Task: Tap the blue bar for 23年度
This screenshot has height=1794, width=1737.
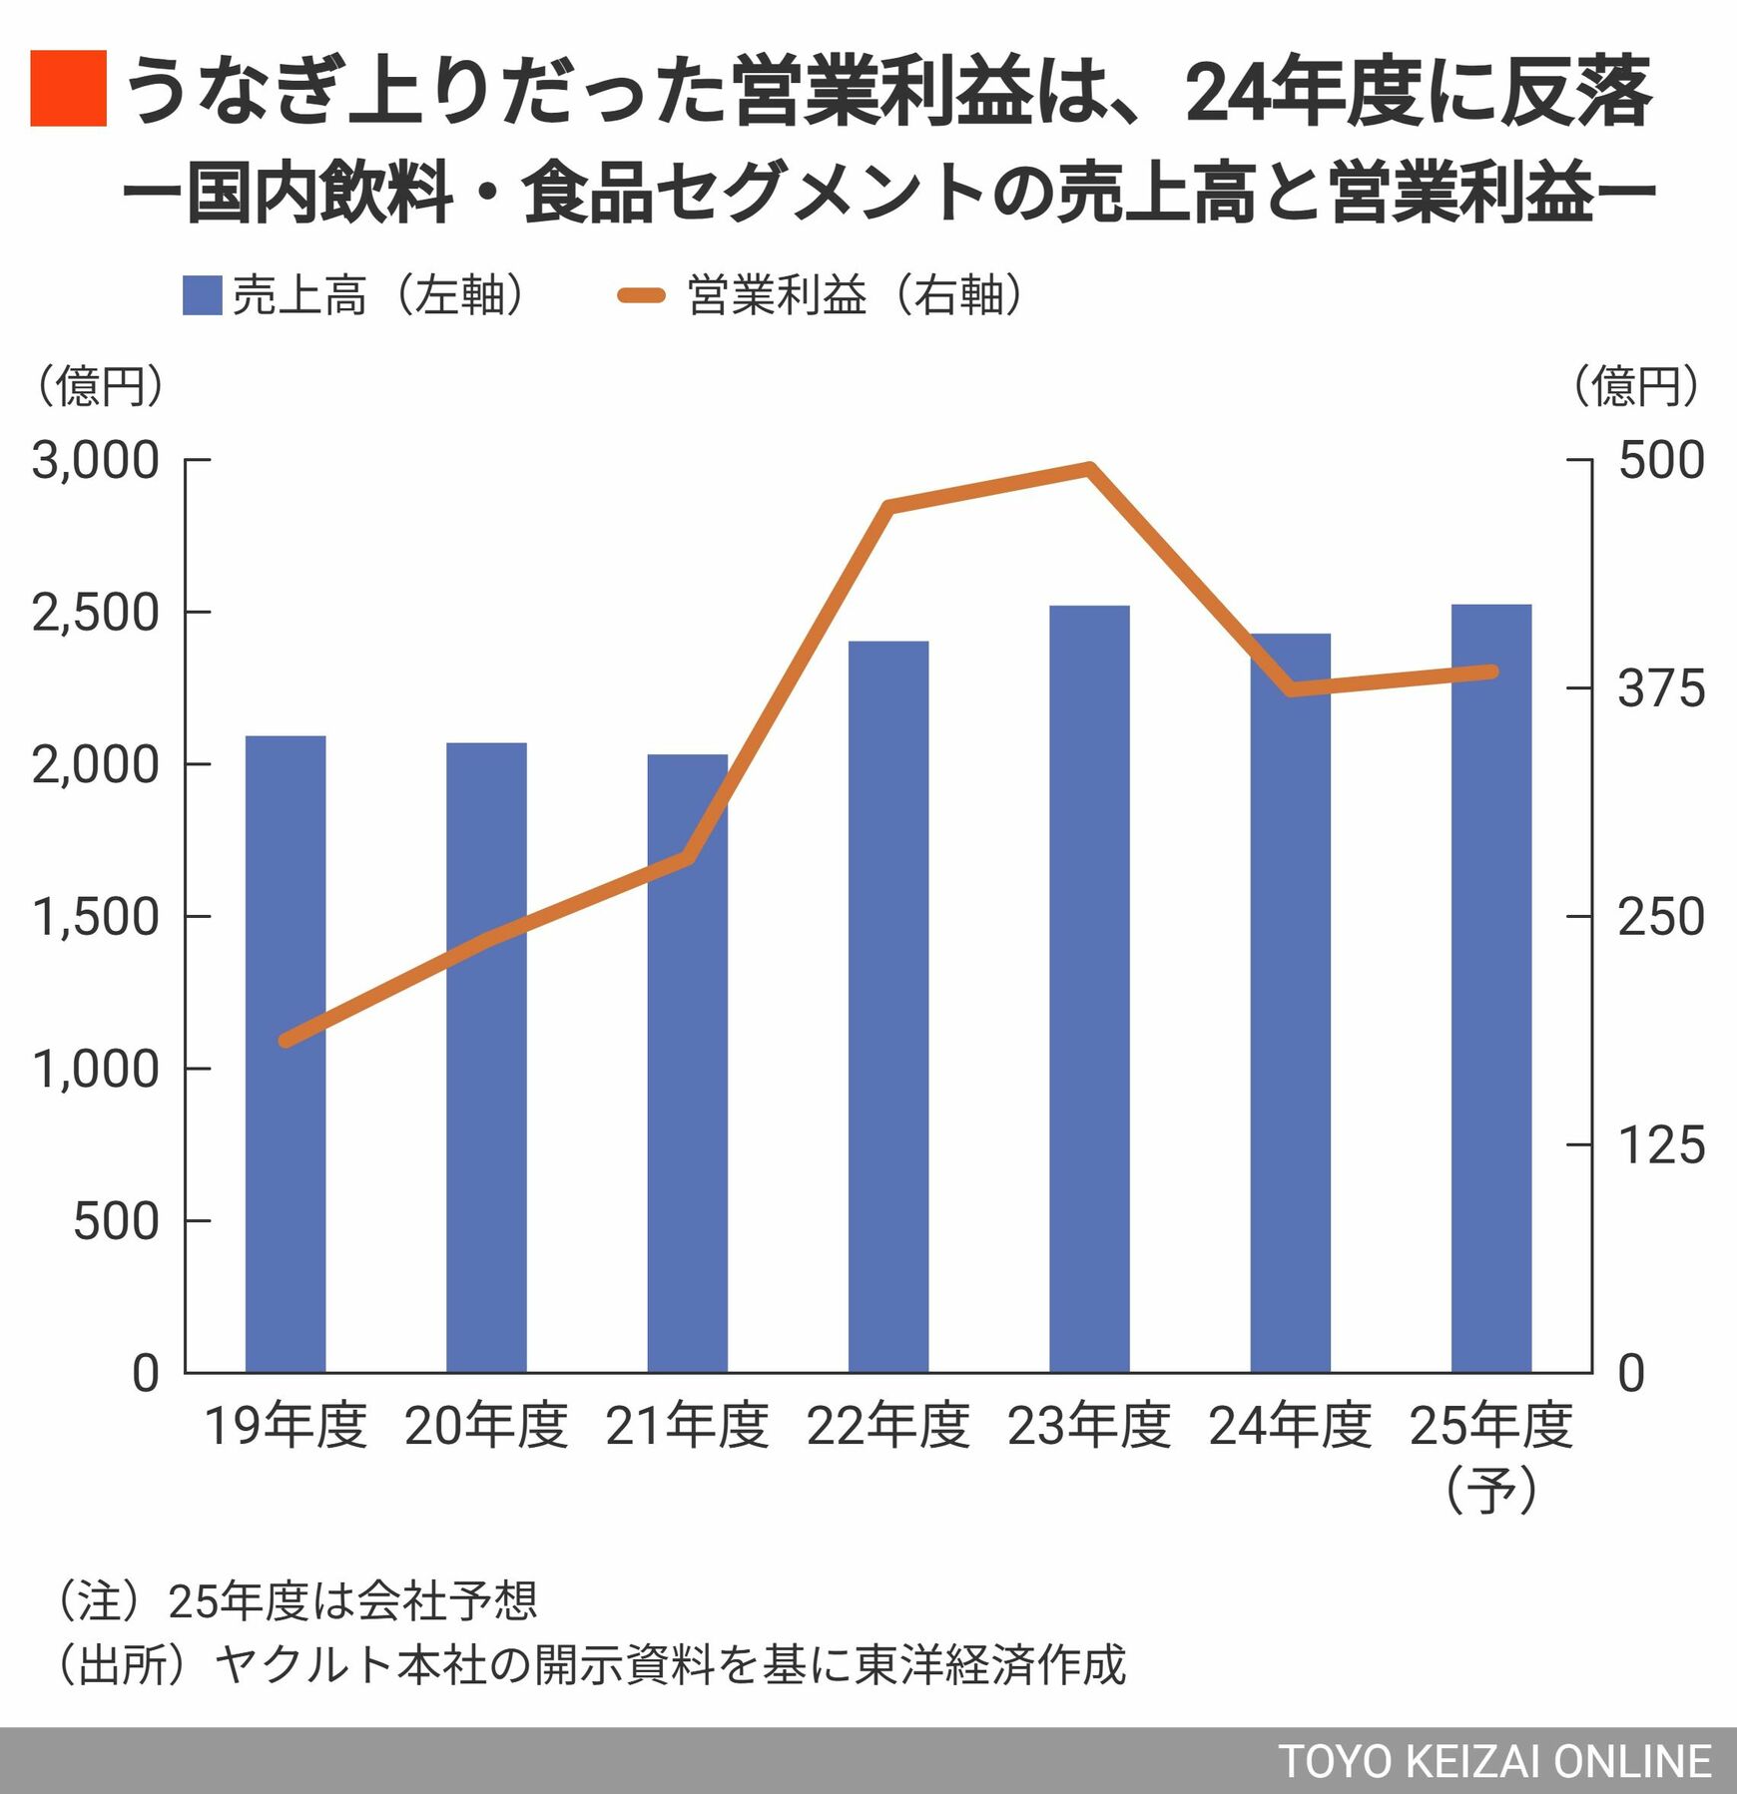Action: coord(1089,988)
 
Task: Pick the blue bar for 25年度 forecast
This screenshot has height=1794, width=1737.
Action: coord(1490,988)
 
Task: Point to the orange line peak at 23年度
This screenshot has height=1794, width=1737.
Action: coord(1089,467)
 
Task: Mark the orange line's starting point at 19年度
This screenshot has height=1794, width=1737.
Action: coord(286,1041)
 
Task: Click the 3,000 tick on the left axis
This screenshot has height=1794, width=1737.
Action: coord(96,461)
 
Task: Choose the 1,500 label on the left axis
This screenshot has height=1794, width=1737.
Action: coord(96,917)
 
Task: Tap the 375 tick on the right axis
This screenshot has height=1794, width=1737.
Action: coord(1660,688)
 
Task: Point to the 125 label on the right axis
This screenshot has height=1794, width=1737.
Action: coord(1660,1144)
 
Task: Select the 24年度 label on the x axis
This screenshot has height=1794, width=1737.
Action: coord(1290,1426)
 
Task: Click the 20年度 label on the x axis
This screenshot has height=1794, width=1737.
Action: coord(486,1426)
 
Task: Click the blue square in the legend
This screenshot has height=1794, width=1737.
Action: coord(202,296)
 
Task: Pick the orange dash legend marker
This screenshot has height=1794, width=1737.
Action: coord(641,295)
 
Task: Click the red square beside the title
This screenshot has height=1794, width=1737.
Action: coord(68,88)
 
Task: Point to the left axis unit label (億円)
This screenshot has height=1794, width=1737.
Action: coord(99,386)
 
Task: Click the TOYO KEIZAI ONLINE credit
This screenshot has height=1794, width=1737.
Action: coord(1494,1762)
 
